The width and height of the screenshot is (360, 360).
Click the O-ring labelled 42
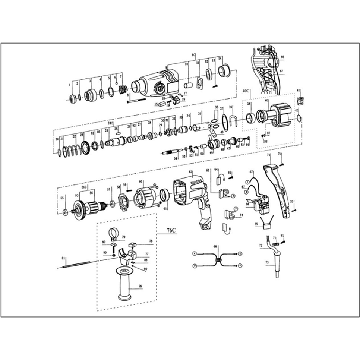299,119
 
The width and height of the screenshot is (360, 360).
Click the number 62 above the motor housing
190,172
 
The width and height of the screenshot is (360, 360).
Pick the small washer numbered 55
65,212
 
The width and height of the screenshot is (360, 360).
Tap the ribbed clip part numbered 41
300,100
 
